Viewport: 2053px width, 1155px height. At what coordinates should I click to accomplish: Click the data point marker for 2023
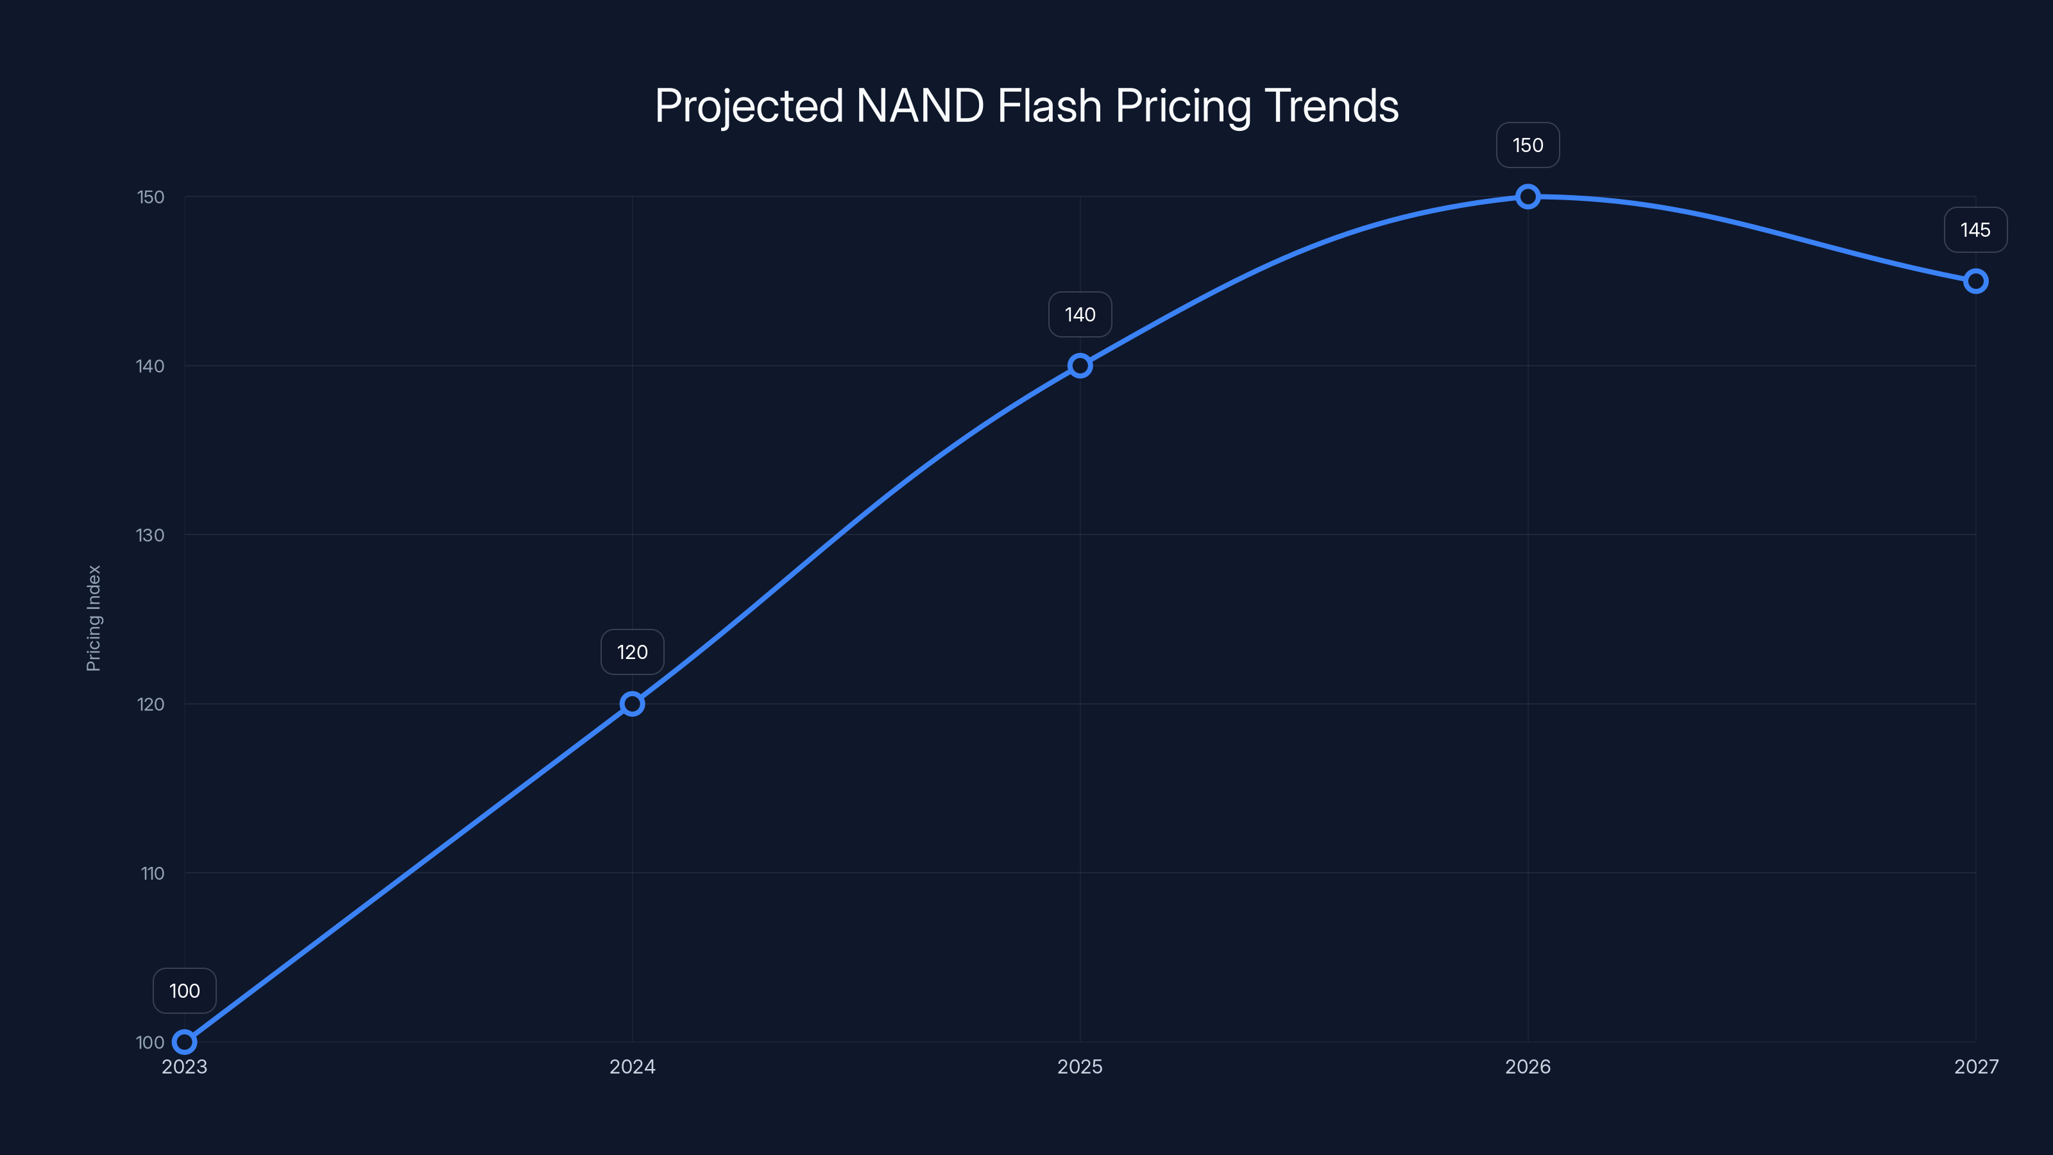[x=184, y=1042]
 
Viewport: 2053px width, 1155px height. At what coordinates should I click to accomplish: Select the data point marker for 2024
[x=632, y=704]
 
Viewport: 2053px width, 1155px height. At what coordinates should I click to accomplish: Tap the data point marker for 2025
[x=1080, y=366]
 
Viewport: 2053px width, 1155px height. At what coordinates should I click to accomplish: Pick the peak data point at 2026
[x=1528, y=196]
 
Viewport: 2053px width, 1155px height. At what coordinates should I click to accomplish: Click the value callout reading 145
[x=1976, y=230]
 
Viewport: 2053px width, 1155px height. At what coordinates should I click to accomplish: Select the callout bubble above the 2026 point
[x=1528, y=145]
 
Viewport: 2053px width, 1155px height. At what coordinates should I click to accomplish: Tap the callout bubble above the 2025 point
[x=1080, y=315]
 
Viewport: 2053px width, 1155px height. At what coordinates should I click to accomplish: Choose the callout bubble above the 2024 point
[x=632, y=652]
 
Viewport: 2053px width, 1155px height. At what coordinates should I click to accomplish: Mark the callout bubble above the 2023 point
[x=184, y=991]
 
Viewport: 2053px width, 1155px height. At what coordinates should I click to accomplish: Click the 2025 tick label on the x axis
[x=1080, y=1066]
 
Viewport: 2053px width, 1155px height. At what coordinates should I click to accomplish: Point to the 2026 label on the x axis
[x=1528, y=1066]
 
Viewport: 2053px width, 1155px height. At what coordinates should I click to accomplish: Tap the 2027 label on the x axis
[x=1976, y=1066]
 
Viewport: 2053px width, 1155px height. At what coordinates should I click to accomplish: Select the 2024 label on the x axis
[x=632, y=1066]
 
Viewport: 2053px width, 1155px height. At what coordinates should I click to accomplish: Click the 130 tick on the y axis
[x=150, y=535]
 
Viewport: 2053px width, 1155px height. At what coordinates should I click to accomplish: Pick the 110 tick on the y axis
[x=152, y=873]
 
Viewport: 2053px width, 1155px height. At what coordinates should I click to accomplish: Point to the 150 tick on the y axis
[x=150, y=197]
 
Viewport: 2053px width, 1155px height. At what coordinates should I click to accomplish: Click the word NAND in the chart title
[x=920, y=106]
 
